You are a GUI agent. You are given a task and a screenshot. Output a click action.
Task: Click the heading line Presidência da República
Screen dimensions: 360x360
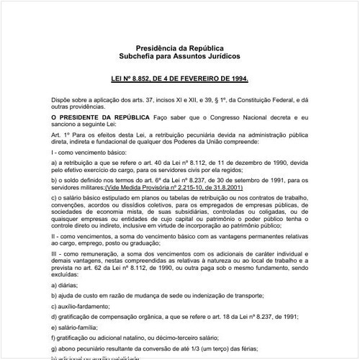pyautogui.click(x=179, y=48)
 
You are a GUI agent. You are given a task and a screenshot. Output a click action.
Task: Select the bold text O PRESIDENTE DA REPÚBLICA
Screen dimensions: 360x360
pyautogui.click(x=100, y=116)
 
